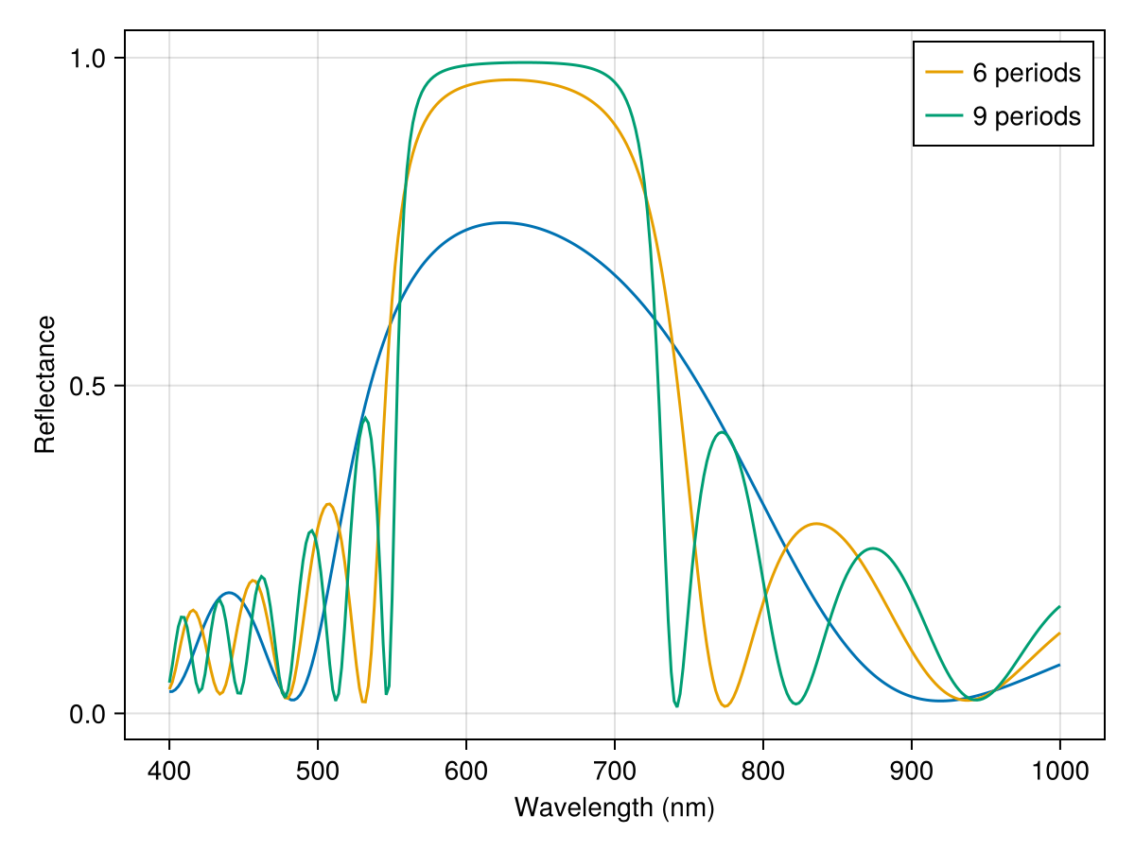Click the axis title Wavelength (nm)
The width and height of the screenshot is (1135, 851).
click(614, 808)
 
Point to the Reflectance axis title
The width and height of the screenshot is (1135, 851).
click(44, 385)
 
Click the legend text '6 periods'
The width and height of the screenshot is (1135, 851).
click(1026, 72)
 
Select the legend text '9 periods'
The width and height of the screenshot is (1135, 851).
click(1026, 115)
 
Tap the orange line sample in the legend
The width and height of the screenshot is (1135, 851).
click(943, 72)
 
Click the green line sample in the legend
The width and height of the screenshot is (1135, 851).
click(943, 115)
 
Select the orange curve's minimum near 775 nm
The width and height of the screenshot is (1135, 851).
click(725, 706)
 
